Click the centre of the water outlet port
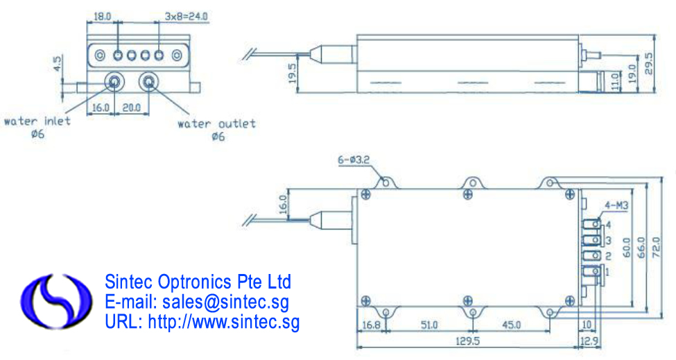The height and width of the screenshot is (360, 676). (149, 81)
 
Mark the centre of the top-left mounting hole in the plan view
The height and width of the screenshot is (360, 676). (385, 183)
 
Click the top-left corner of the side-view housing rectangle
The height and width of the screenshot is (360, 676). (357, 35)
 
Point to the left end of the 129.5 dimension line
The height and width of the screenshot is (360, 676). (357, 347)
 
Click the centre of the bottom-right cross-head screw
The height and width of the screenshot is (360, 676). (569, 300)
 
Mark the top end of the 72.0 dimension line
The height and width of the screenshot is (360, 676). (661, 176)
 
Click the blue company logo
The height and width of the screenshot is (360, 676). (56, 301)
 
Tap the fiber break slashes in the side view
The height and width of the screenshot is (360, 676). (248, 54)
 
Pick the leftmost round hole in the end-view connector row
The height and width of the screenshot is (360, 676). (100, 55)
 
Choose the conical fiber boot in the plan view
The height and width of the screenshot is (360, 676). (321, 220)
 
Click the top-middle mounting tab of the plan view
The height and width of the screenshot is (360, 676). (473, 183)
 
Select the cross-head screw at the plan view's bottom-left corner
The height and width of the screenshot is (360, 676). (365, 300)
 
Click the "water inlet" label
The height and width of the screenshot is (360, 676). (37, 121)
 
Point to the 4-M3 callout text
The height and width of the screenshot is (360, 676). (616, 205)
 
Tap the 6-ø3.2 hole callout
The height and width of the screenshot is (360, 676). (354, 160)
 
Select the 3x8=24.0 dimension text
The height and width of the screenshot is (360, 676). (187, 17)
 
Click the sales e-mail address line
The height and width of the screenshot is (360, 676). (197, 302)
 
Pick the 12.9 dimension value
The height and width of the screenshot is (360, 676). (589, 341)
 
